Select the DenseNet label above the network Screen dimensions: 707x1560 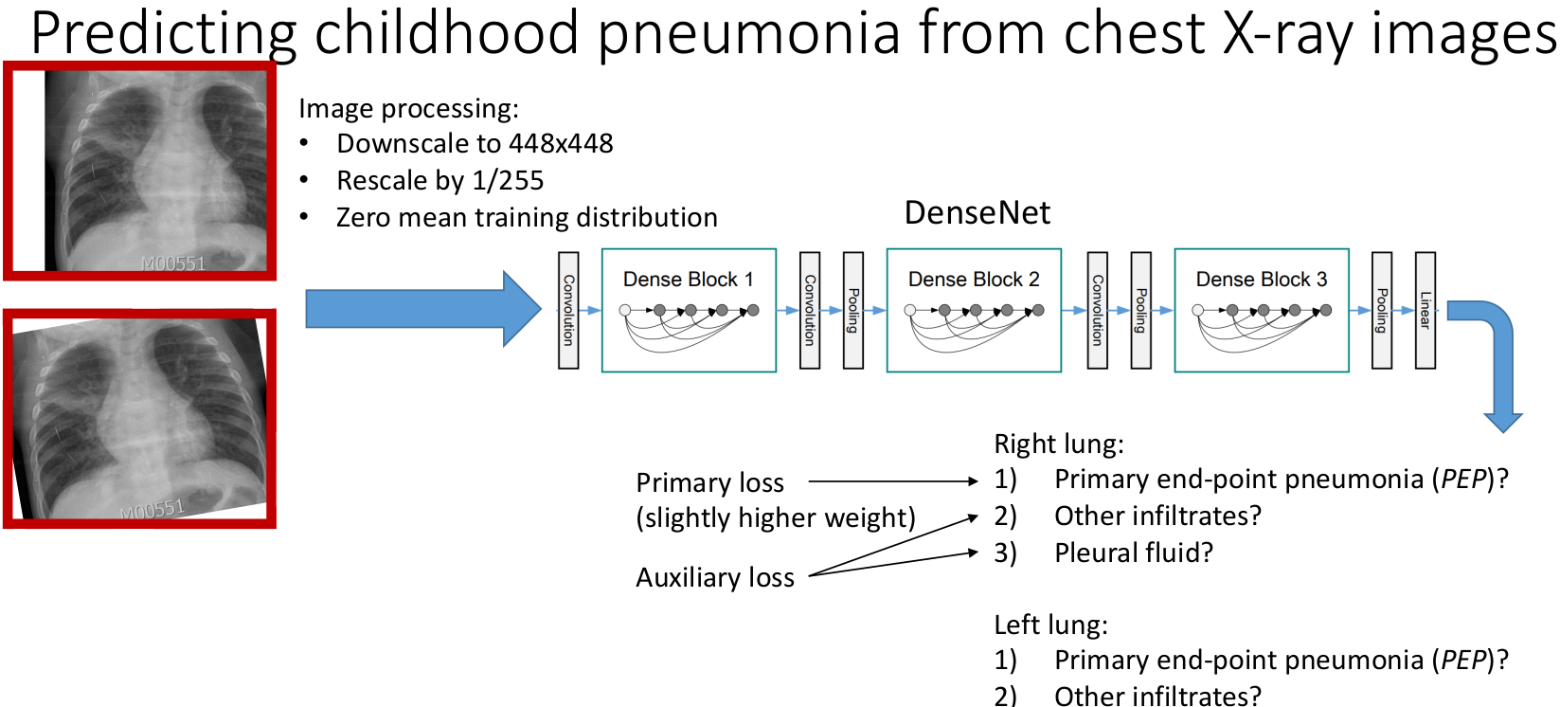[977, 213]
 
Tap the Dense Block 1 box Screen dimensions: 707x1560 [689, 310]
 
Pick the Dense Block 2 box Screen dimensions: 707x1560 [974, 310]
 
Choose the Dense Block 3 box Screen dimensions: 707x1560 [1261, 310]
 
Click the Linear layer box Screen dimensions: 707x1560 [1425, 310]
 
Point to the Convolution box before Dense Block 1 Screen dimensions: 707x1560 [568, 310]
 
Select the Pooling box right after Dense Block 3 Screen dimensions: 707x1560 [1382, 310]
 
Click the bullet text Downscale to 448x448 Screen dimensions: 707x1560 [475, 144]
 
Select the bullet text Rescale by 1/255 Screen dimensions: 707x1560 [439, 181]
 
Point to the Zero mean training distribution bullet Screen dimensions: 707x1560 [527, 218]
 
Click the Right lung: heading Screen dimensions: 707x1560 [1058, 444]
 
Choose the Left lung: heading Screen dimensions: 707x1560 [1050, 625]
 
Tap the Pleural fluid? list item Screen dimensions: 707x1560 [1133, 553]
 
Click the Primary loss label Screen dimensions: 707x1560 [709, 483]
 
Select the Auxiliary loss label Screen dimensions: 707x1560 [715, 578]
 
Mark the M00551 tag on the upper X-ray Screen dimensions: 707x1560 [173, 263]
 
